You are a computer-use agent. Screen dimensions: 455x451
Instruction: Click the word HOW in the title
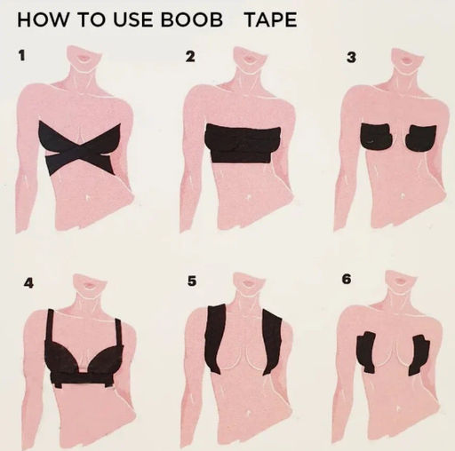[x=43, y=20]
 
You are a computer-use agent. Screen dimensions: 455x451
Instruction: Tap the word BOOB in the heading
[x=192, y=20]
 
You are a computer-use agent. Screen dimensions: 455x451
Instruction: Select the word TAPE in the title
[x=271, y=20]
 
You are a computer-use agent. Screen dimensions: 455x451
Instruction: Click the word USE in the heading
[x=134, y=20]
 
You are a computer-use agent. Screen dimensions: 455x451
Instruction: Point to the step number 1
[x=21, y=55]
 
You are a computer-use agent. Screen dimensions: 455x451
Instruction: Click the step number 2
[x=190, y=56]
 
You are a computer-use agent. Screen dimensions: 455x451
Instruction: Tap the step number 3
[x=351, y=57]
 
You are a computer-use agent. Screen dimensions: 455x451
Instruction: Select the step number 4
[x=28, y=283]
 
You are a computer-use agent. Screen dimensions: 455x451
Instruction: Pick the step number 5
[x=192, y=281]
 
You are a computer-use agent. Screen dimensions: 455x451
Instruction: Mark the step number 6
[x=347, y=279]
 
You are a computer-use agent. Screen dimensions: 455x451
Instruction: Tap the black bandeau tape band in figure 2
[x=243, y=144]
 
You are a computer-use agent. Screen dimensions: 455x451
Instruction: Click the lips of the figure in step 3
[x=406, y=60]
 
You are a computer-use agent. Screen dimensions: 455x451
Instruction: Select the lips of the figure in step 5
[x=247, y=283]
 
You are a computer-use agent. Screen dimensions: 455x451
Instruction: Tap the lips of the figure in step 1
[x=84, y=58]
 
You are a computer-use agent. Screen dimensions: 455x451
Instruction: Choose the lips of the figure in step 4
[x=89, y=285]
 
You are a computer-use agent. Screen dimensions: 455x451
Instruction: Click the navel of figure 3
[x=403, y=195]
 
